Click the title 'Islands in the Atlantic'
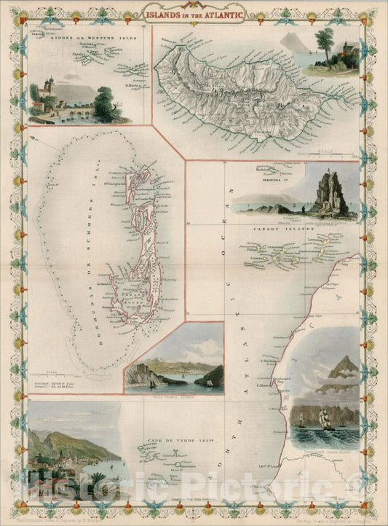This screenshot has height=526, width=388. coord(194,13)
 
